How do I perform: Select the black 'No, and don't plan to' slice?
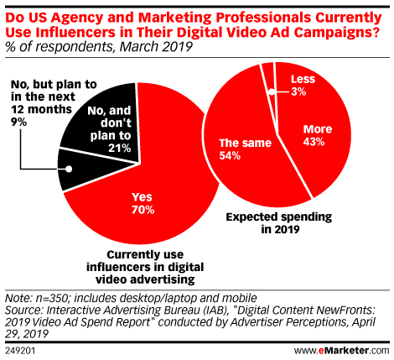pyautogui.click(x=96, y=126)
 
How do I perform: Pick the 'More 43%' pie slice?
pyautogui.click(x=327, y=134)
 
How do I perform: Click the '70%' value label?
pyautogui.click(x=142, y=209)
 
